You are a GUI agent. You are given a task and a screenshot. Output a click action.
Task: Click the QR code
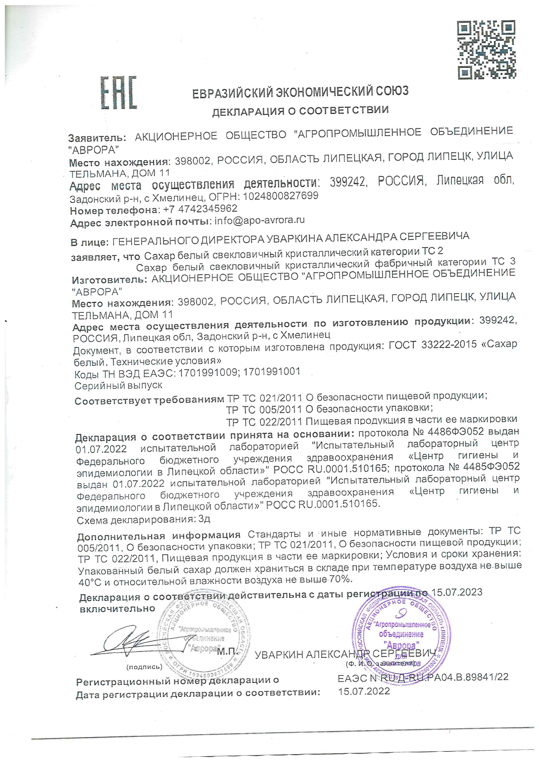point(487,50)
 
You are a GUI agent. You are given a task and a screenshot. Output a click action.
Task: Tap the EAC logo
point(118,93)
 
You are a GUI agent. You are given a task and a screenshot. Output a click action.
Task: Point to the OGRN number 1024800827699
point(280,196)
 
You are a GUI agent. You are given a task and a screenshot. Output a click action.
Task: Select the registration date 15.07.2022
point(364,691)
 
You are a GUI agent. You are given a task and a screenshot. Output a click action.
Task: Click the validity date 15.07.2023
point(456,593)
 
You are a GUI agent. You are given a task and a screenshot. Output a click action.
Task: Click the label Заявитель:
point(97,138)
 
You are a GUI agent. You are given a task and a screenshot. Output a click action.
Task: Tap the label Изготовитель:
point(109,280)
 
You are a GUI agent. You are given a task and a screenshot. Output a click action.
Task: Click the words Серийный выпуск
point(118,385)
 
